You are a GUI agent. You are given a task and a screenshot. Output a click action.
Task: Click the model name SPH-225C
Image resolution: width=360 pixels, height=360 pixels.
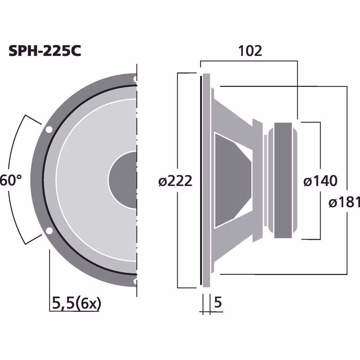(45, 51)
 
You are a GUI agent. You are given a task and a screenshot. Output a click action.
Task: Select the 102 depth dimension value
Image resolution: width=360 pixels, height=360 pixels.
(250, 51)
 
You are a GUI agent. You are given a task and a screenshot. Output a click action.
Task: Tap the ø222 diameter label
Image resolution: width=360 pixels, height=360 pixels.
(175, 181)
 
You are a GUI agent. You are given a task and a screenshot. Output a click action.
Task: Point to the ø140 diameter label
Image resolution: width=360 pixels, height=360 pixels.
(320, 181)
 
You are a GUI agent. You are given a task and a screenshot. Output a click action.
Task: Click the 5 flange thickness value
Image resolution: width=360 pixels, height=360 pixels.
(218, 302)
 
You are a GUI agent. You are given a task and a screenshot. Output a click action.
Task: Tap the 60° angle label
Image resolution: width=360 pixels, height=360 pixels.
(11, 181)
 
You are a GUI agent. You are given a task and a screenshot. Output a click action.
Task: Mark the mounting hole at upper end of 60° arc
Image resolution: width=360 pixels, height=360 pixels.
(49, 129)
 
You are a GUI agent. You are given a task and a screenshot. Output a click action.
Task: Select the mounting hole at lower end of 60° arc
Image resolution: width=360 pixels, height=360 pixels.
(49, 231)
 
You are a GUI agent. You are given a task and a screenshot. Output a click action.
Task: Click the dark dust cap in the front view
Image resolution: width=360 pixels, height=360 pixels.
(121, 180)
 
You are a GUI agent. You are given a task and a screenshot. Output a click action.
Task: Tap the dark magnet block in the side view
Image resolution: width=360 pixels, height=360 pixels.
(283, 180)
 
